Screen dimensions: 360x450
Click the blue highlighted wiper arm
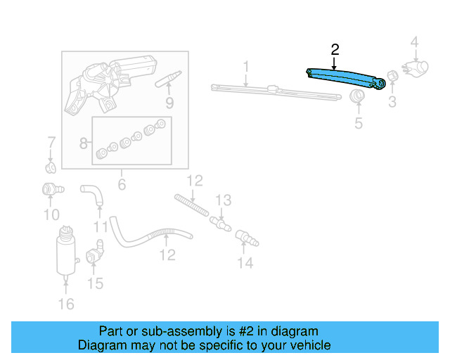click(x=347, y=77)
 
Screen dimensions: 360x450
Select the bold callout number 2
click(x=335, y=49)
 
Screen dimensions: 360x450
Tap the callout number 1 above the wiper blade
click(x=246, y=67)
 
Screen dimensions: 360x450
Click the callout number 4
click(x=415, y=43)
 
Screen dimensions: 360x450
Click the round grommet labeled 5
click(x=358, y=96)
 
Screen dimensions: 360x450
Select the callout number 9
click(x=169, y=103)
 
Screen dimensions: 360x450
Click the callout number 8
click(x=84, y=143)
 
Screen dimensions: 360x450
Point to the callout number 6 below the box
click(x=121, y=184)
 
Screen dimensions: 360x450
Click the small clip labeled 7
click(x=51, y=168)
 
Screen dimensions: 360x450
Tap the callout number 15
click(x=95, y=283)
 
